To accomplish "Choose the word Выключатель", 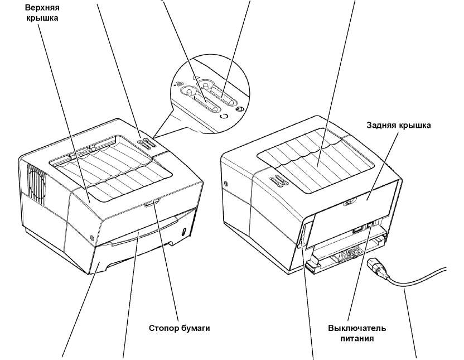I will pyautogui.click(x=357, y=328).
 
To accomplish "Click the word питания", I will pyautogui.click(x=357, y=338).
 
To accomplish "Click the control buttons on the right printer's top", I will pyautogui.click(x=276, y=180).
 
